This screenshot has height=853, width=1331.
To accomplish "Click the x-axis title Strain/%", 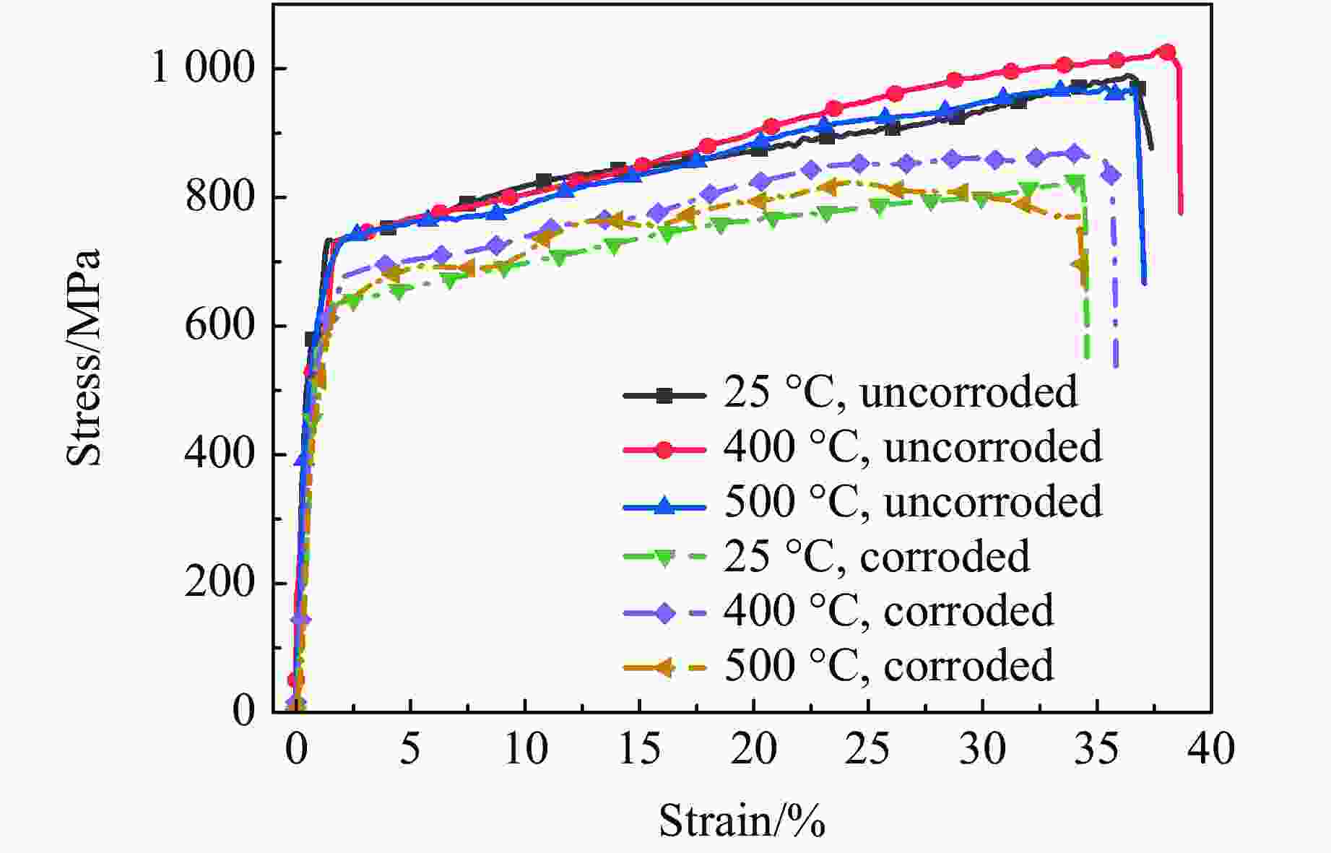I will (742, 821).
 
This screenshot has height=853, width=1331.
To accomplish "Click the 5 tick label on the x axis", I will (410, 749).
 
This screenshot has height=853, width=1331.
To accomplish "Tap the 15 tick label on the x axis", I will (640, 749).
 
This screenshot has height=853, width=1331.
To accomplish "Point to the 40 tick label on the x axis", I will (1211, 749).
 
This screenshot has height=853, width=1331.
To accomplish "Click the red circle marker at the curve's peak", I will (1167, 52).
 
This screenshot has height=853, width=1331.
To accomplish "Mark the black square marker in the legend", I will (664, 395).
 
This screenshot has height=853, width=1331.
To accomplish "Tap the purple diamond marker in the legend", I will (664, 613).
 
